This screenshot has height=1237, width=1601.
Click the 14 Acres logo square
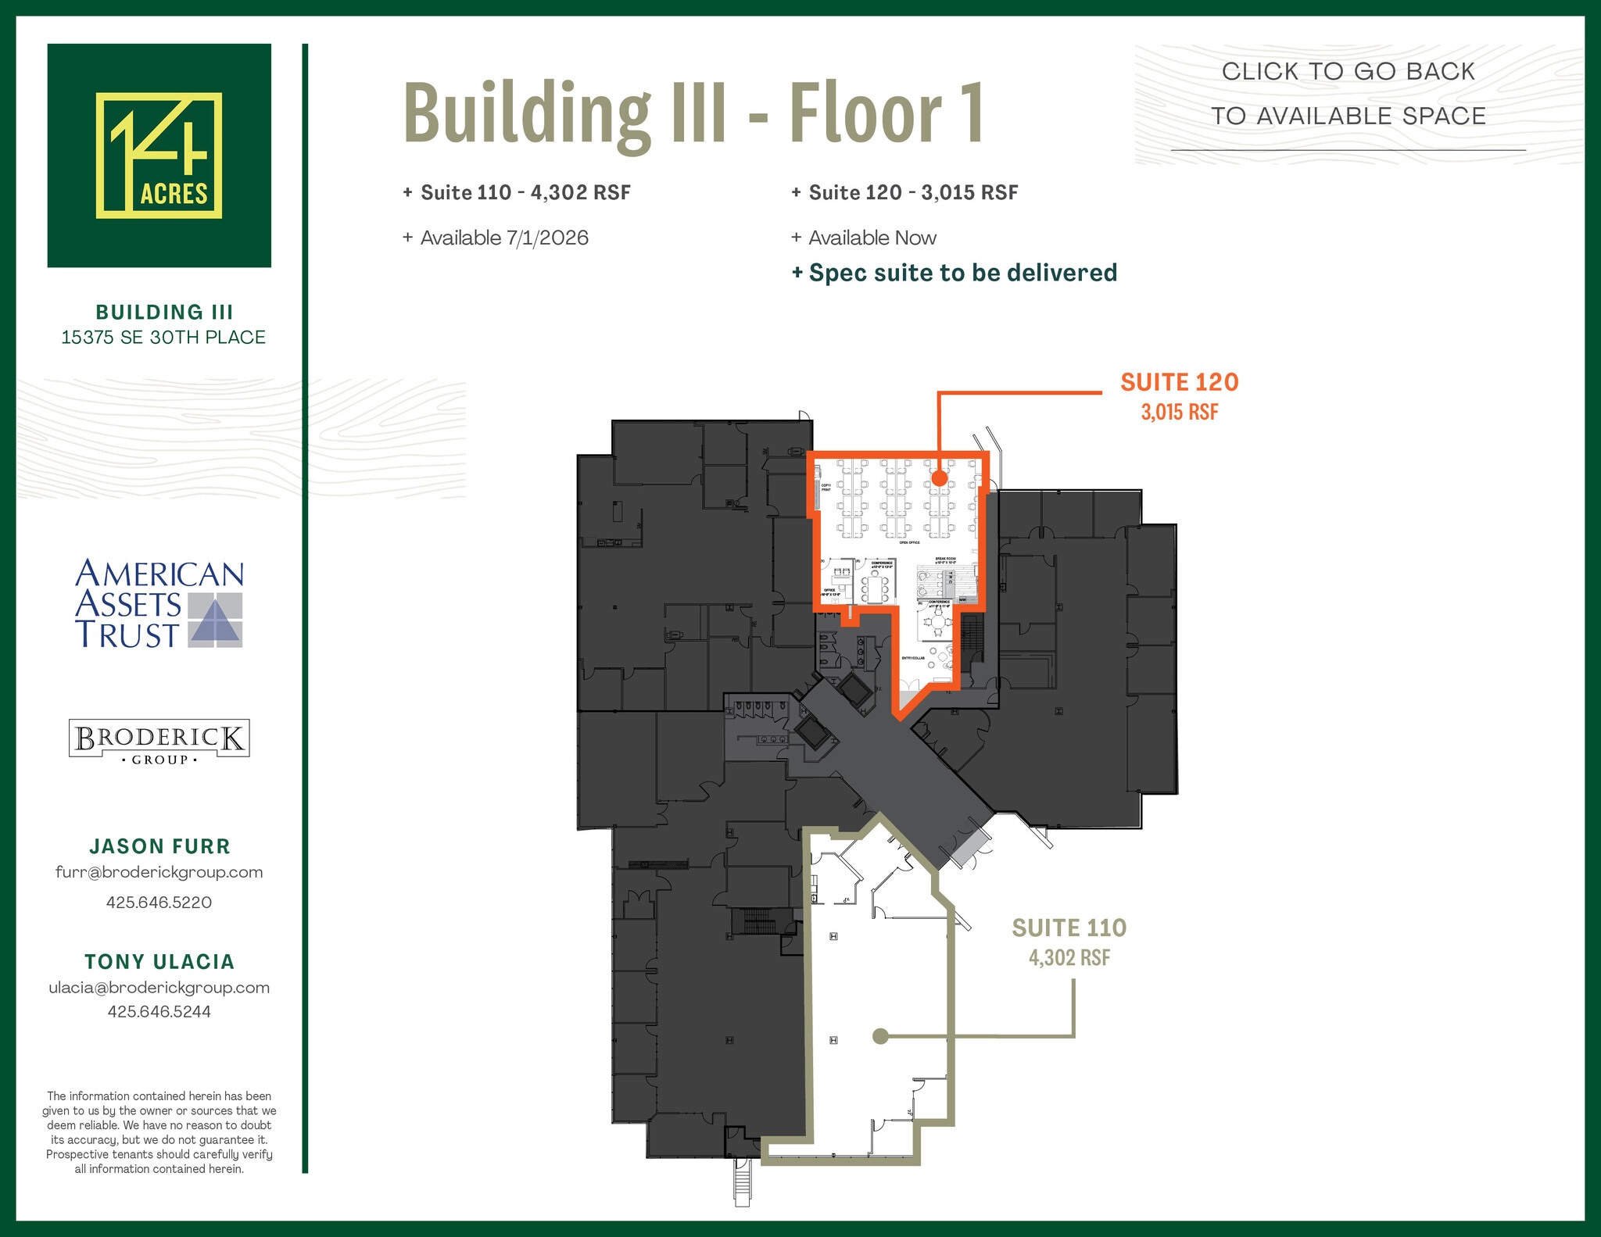point(159,156)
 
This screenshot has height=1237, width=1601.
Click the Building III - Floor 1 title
point(693,113)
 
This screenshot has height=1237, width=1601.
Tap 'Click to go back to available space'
point(1348,94)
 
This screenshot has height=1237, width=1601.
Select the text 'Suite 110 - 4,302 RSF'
point(517,193)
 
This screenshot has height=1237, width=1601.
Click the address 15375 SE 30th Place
point(163,338)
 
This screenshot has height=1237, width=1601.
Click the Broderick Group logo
point(159,739)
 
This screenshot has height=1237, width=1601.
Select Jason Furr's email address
point(159,873)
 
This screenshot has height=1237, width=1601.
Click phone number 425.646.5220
point(159,903)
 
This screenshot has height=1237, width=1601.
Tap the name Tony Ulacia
point(159,962)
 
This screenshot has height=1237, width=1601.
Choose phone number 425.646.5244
point(159,1012)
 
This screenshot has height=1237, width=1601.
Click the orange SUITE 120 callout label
point(1179,383)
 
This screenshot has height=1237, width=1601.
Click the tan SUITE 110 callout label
point(1069,928)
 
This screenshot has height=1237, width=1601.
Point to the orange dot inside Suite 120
point(939,478)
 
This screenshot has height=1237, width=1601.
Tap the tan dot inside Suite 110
point(880,1036)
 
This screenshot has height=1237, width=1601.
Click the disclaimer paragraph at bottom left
point(159,1132)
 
